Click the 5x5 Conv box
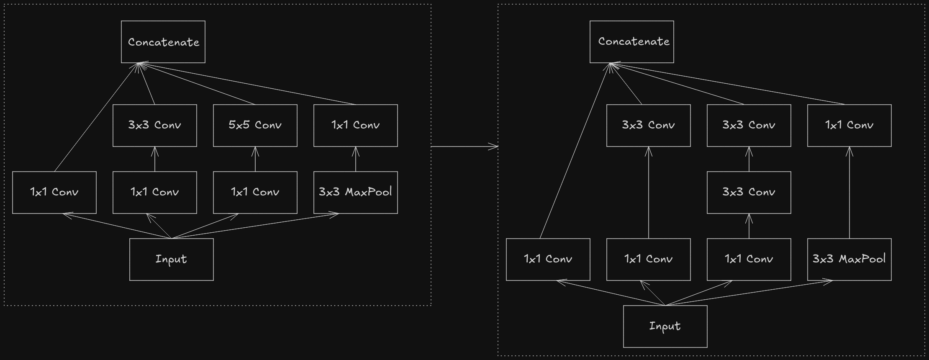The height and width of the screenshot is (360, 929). (255, 126)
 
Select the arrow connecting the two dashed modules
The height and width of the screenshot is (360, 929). (464, 147)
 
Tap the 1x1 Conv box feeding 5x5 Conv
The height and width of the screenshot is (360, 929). (255, 193)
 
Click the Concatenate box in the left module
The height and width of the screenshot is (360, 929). (163, 42)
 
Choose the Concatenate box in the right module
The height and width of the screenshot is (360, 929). (632, 42)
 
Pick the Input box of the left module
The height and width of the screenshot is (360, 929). (172, 260)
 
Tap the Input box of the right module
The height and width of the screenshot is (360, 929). (665, 327)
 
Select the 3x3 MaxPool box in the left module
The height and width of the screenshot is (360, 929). (356, 193)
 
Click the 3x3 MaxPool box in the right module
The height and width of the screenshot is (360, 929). (849, 260)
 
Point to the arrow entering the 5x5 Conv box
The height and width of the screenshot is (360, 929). (255, 159)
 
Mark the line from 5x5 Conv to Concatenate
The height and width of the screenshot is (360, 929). (197, 84)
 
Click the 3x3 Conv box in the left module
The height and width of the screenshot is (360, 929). (155, 126)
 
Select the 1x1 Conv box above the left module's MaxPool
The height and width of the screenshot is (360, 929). (356, 126)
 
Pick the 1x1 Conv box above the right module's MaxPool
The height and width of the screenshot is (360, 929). (849, 126)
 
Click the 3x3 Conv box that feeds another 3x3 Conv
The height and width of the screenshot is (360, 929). (749, 193)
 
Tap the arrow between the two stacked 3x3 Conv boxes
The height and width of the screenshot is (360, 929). (749, 159)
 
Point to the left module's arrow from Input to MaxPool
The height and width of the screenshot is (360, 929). (255, 226)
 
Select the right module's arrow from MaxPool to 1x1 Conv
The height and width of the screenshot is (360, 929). (849, 193)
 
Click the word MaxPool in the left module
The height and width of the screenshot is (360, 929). (368, 192)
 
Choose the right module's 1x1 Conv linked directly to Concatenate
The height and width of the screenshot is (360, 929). (548, 260)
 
